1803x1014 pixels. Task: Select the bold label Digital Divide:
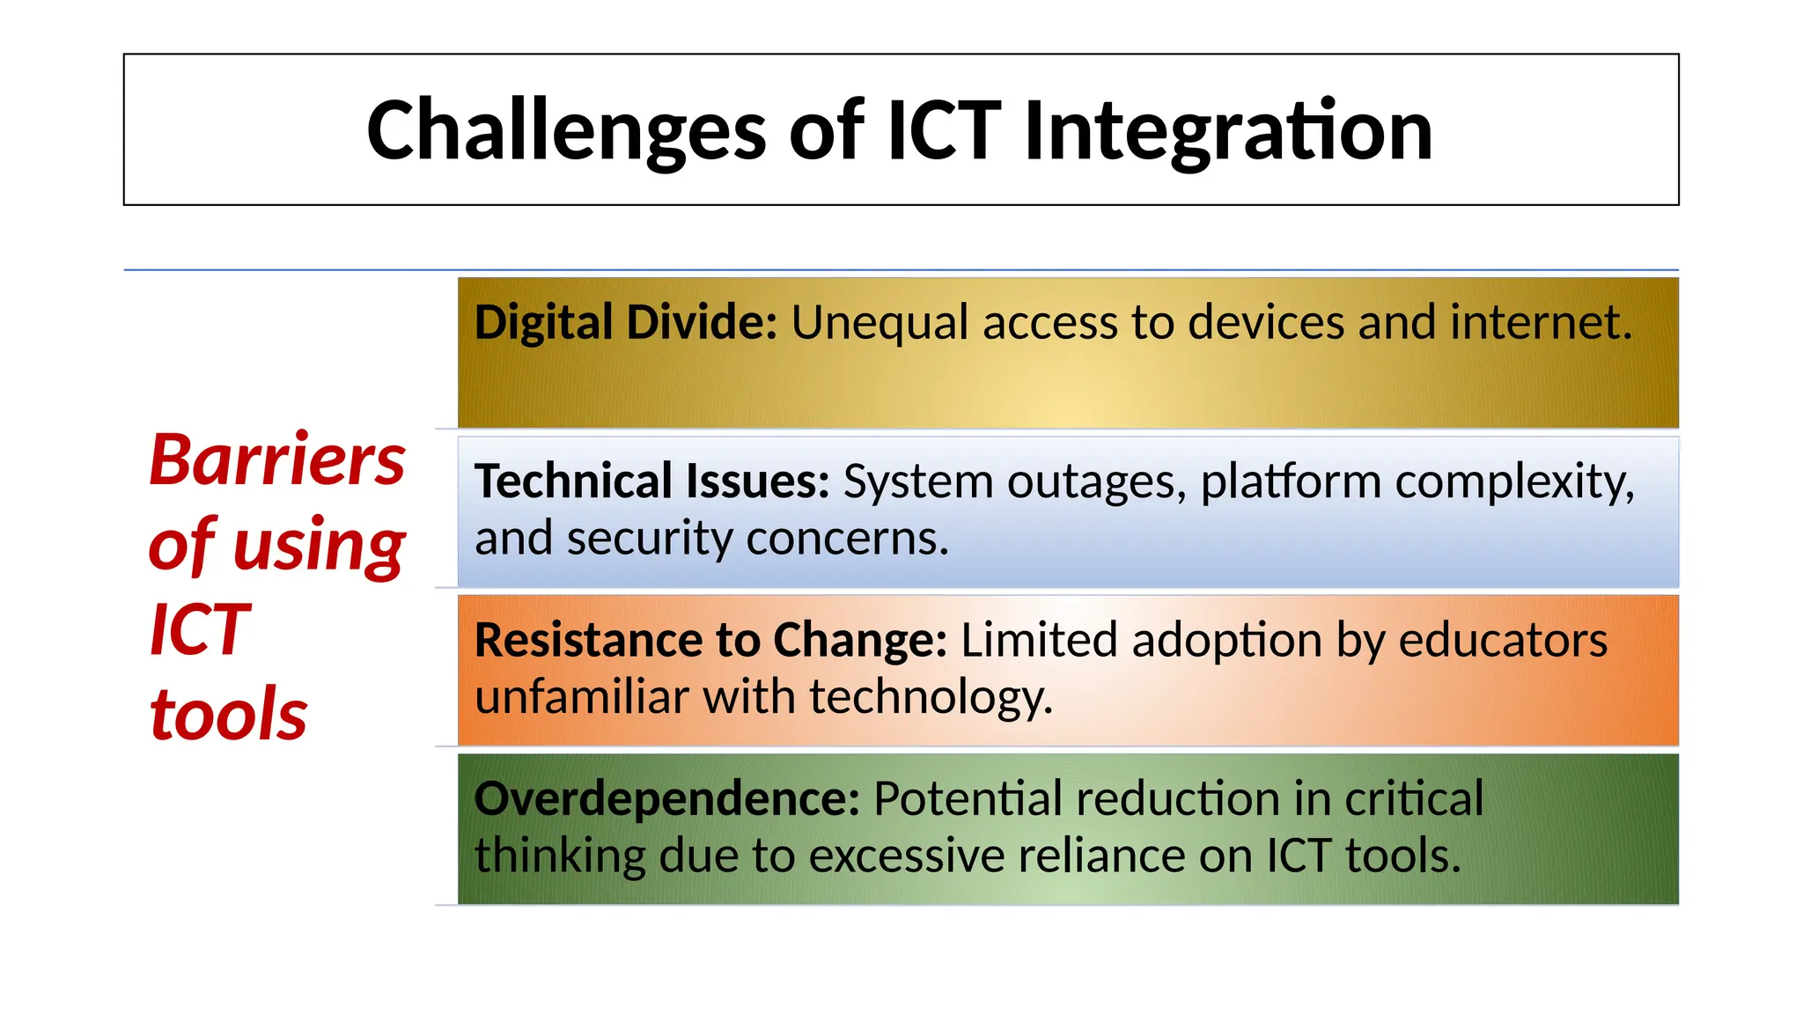[x=626, y=322]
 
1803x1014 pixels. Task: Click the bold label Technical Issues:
[x=651, y=481]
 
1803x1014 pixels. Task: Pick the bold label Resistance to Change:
[x=710, y=640]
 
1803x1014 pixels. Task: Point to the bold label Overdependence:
[x=666, y=799]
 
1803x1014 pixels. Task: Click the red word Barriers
[x=277, y=460]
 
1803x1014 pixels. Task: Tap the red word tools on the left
[x=229, y=714]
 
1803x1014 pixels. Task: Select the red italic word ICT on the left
[x=201, y=629]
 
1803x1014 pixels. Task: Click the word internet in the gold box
[x=1535, y=322]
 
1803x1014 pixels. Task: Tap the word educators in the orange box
[x=1503, y=640]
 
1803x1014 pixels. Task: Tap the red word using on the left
[x=319, y=545]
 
